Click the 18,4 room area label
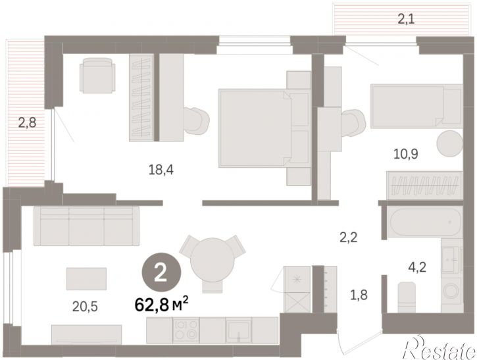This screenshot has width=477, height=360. pos(161,170)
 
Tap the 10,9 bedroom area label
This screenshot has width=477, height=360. pos(406,154)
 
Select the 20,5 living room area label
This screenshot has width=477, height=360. pos(85,307)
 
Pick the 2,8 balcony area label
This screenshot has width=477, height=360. pos(27,122)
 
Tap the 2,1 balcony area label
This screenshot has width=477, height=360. pos(406,19)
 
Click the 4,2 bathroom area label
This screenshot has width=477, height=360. pos(417,267)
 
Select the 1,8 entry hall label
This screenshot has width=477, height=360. pos(359,295)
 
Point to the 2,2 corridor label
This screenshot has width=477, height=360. pos(349,237)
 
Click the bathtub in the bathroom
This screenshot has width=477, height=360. pos(425,222)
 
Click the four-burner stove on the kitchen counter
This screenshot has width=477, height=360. pos(186,330)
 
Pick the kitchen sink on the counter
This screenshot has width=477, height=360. pos(238,330)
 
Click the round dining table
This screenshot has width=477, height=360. pos(213,260)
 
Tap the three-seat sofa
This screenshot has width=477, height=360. pos(87,226)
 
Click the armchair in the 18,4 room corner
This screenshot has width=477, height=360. pos(97,75)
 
